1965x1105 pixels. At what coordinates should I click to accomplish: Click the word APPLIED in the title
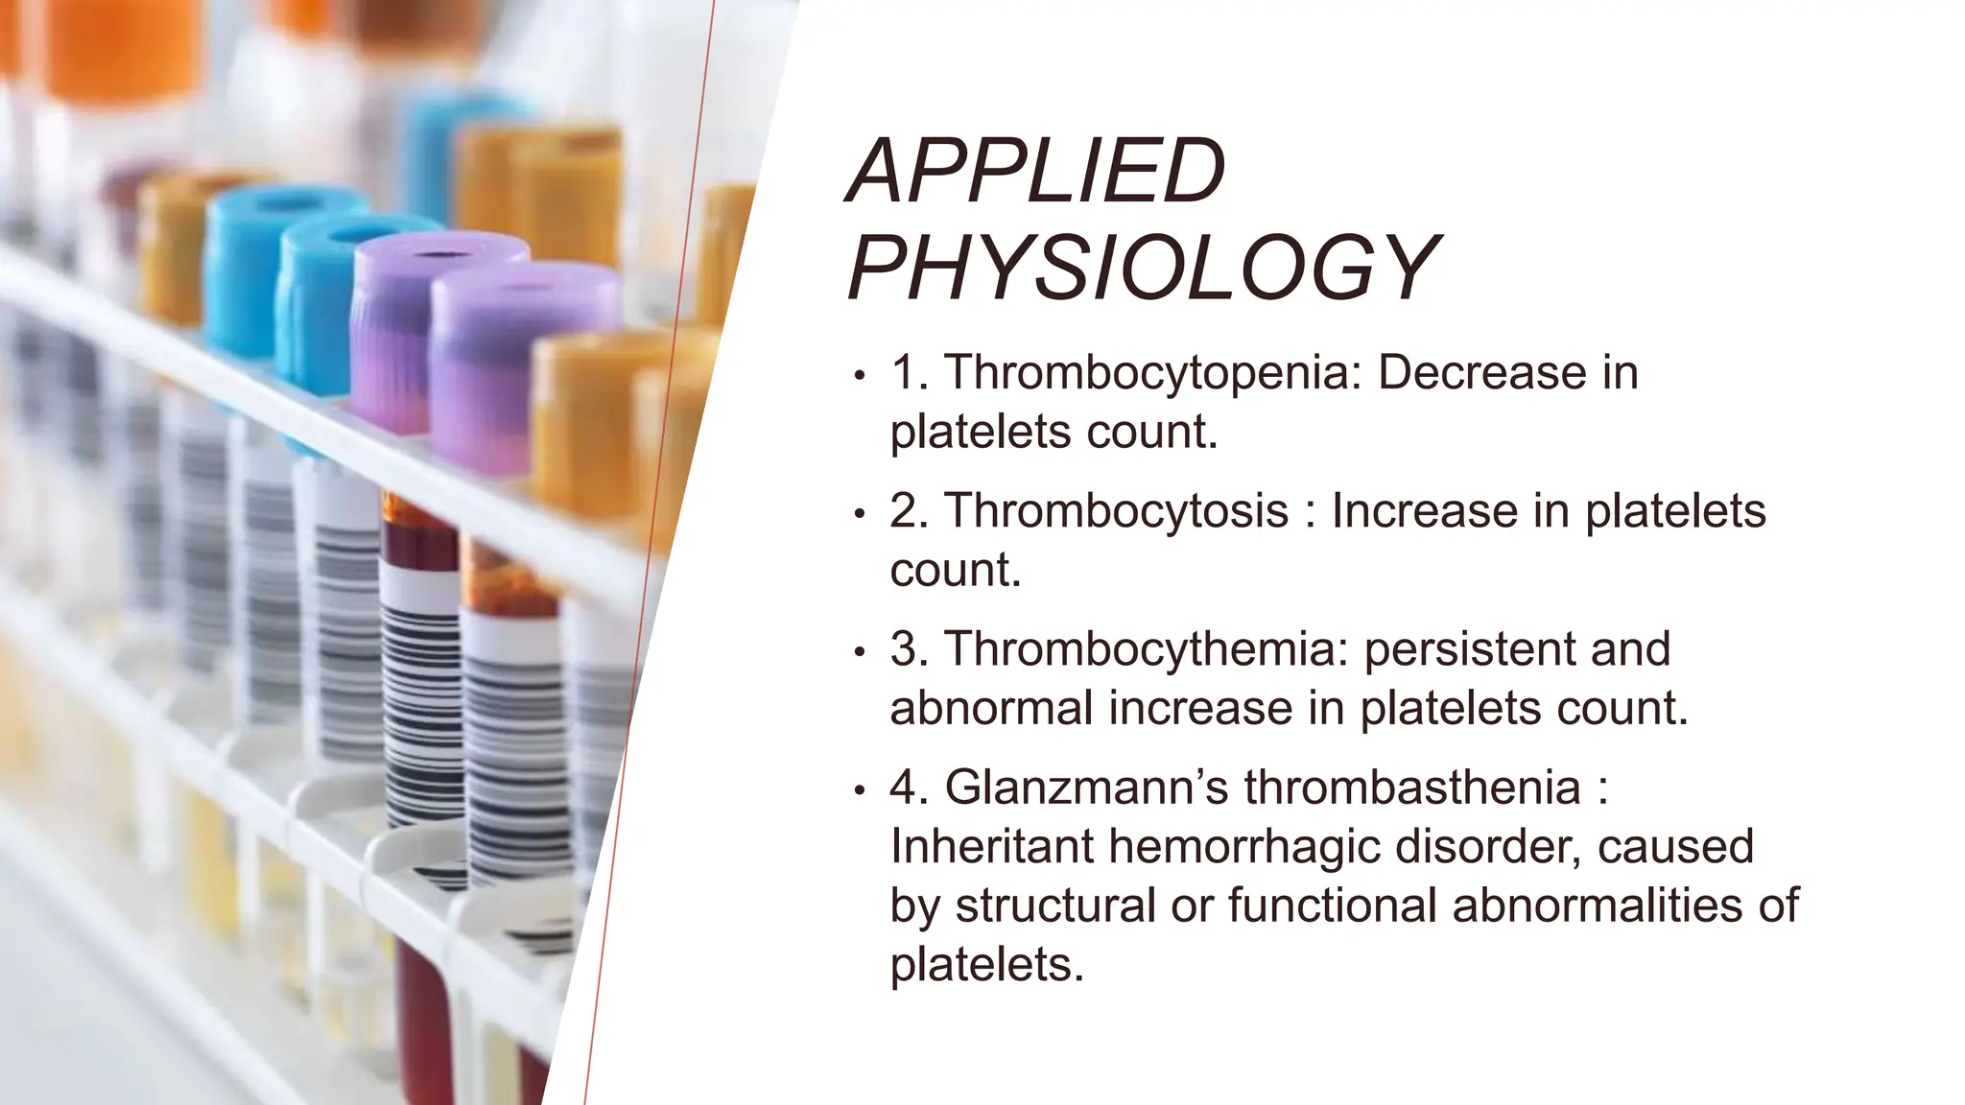[1035, 172]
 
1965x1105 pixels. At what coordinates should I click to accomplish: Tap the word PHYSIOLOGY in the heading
[1144, 268]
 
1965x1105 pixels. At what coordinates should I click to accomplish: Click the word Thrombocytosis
[1117, 511]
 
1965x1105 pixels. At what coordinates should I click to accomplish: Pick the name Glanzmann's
[1086, 788]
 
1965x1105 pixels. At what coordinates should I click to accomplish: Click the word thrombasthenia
[1412, 788]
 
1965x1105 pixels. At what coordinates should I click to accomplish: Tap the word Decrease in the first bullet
[1481, 373]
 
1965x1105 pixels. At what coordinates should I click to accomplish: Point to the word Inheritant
[992, 847]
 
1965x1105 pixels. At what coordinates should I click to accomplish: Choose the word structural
[1055, 906]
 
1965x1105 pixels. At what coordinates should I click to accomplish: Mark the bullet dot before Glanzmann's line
[860, 791]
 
